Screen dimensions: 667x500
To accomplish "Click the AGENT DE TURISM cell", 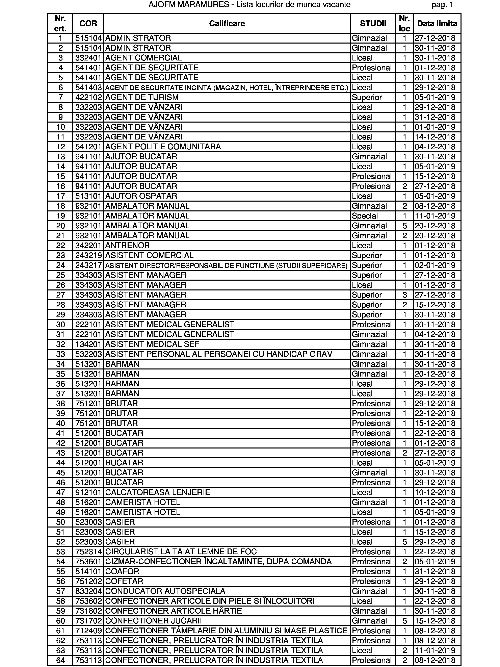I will [x=142, y=97].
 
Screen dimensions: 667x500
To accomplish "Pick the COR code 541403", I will [x=88, y=87].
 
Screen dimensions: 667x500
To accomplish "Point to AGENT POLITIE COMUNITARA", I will [x=163, y=147].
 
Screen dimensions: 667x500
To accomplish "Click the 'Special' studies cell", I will [x=365, y=216].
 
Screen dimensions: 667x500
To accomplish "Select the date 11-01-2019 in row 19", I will [x=435, y=216].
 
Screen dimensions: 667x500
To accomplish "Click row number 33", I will [x=61, y=354].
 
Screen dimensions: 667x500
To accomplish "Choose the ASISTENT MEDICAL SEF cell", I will [x=152, y=344].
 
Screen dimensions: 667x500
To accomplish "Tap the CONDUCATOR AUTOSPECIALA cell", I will [x=165, y=591].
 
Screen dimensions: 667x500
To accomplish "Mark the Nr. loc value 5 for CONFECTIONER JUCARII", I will [x=405, y=621].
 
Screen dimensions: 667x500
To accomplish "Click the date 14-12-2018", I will [x=435, y=137].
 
